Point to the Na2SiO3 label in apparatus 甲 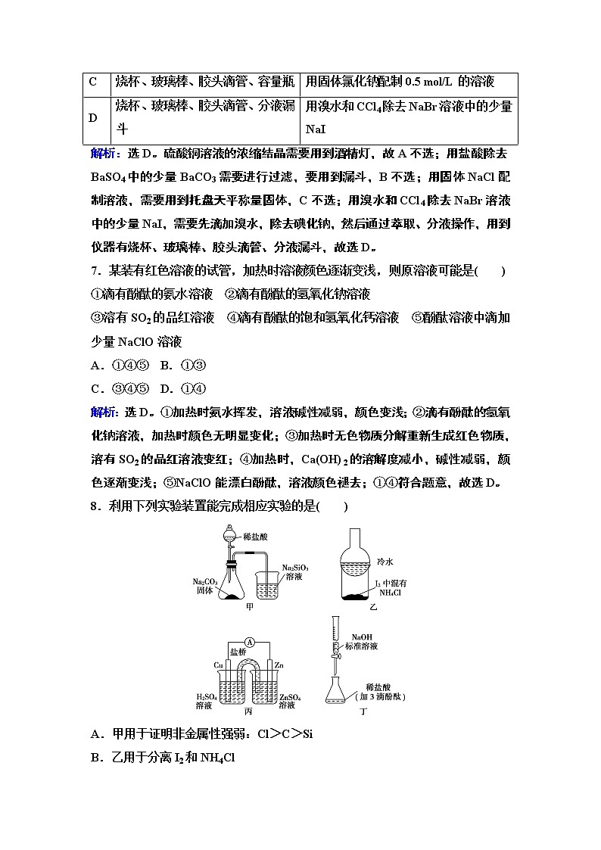coord(294,567)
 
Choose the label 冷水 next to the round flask coord(385,562)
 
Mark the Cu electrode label coord(217,665)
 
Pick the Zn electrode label coord(279,665)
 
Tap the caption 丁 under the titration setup coord(363,712)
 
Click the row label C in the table coord(93,82)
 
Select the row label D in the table coord(93,117)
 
